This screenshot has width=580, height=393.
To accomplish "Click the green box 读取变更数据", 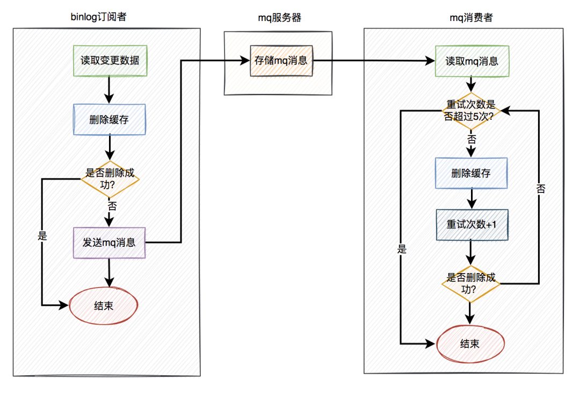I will (x=110, y=60).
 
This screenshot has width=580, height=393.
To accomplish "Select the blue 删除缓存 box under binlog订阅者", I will (x=110, y=119).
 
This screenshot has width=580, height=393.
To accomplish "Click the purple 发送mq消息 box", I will (x=110, y=242).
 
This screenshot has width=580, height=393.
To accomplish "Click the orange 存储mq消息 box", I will (x=281, y=60).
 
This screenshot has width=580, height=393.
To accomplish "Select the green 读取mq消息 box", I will (x=472, y=61).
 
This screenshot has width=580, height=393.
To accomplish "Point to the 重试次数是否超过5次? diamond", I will (x=471, y=110).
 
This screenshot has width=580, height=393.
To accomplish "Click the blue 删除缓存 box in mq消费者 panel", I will (x=471, y=173).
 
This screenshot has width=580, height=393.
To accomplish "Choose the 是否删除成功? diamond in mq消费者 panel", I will (x=471, y=283).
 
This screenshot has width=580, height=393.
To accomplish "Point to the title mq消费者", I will (x=471, y=18).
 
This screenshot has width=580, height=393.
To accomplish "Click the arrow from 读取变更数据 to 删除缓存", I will (x=110, y=89).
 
